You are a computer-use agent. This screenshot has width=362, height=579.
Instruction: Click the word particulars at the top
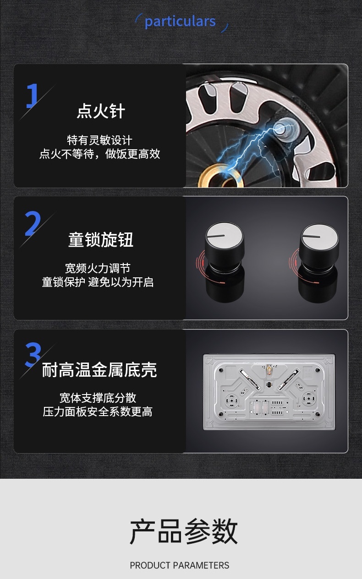pos(180,22)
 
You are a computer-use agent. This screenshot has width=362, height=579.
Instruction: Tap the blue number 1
pos(32,96)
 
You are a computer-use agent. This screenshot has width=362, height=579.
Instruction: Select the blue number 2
pos(33,223)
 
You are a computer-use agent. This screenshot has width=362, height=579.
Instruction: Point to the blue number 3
pos(33,354)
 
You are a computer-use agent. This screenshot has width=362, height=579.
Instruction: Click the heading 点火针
pos(101,111)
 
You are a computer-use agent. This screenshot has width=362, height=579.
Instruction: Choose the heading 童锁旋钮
pos(101,240)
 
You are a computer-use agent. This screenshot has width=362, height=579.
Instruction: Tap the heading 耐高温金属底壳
pos(99,370)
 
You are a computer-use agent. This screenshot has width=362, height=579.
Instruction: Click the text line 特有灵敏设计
pos(99,141)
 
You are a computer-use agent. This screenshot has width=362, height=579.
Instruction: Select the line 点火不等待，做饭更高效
pos(99,154)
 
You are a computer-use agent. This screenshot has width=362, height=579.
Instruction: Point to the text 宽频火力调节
pos(98,268)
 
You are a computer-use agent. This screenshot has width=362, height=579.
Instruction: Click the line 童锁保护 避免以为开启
pos(98,282)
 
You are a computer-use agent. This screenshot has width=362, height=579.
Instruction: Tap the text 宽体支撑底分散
pos(98,398)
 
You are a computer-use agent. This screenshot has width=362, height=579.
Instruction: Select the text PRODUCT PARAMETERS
pos(180,565)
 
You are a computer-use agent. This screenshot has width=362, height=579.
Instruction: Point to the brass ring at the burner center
pos(221,175)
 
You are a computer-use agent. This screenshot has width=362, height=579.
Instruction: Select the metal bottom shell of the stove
pos(269,392)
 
